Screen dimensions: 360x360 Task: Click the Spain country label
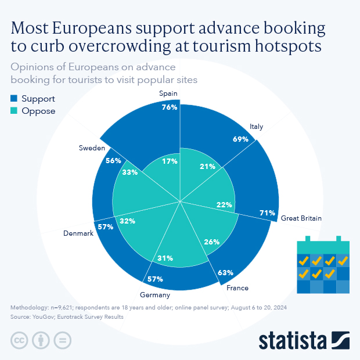(168, 93)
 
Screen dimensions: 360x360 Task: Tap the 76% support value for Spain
(170, 107)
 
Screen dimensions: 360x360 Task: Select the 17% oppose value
(170, 161)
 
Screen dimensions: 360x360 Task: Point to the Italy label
(256, 127)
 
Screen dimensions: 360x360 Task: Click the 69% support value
(240, 139)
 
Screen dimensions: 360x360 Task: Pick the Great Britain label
(301, 218)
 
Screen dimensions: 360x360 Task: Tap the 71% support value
(267, 213)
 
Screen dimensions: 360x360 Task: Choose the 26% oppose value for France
(212, 242)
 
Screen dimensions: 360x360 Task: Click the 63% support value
(225, 272)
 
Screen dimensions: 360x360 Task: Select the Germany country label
(155, 295)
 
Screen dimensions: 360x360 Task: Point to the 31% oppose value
(165, 258)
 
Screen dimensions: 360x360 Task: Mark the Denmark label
(78, 233)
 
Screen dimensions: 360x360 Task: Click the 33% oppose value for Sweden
(130, 172)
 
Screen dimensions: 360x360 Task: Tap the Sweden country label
(92, 148)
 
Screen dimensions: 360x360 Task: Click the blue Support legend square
(14, 98)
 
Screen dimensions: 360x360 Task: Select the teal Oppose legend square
(14, 110)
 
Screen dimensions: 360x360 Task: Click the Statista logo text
(293, 341)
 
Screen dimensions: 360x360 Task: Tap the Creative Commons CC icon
(19, 340)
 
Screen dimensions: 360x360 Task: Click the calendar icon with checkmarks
(323, 265)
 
